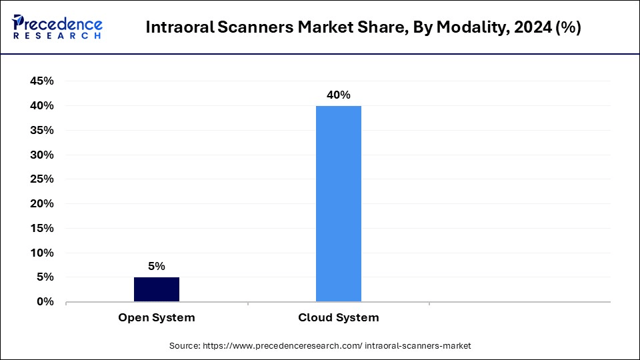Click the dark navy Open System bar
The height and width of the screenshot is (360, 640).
click(x=157, y=289)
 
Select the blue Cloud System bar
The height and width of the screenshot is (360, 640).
click(x=338, y=203)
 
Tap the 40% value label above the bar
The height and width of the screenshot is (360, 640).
click(x=338, y=95)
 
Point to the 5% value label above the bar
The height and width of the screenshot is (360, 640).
click(x=157, y=266)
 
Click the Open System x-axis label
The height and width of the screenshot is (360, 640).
click(x=157, y=318)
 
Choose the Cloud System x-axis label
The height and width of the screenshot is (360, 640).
click(x=338, y=318)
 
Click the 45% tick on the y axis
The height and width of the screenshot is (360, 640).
click(x=41, y=81)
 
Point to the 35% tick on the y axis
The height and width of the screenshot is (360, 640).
click(x=41, y=131)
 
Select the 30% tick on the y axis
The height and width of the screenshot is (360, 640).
click(x=41, y=155)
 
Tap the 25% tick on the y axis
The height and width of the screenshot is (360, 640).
click(x=41, y=179)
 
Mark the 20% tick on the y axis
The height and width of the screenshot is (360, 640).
click(x=41, y=204)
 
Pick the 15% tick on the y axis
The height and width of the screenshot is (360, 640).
click(x=41, y=229)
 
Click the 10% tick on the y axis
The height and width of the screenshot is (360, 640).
click(x=41, y=253)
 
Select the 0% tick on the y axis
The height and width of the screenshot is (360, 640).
click(x=45, y=302)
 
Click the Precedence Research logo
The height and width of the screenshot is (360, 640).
click(x=57, y=27)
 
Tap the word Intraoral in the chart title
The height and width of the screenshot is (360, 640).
click(x=175, y=28)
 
